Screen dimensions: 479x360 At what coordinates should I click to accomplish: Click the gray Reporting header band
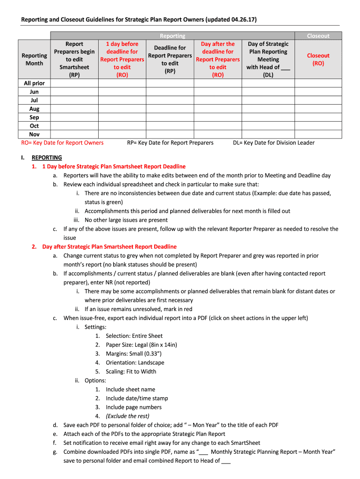173,36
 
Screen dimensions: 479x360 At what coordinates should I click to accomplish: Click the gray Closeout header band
318,36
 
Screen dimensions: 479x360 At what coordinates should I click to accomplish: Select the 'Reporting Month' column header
34,59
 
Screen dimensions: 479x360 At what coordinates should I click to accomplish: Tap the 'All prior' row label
34,83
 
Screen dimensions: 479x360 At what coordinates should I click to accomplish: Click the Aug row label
34,109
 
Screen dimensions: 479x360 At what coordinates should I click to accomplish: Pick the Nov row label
34,134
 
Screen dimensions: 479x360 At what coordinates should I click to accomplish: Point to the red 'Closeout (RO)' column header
318,59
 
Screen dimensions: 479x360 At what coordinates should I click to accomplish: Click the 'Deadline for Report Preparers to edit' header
170,59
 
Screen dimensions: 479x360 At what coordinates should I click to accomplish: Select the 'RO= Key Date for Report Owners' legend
63,143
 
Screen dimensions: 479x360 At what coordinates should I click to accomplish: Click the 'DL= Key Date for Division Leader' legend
274,143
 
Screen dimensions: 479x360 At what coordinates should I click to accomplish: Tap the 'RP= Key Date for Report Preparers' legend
170,143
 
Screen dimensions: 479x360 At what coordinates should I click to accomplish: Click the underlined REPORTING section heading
47,158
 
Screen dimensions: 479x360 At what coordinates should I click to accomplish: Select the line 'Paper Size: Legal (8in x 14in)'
141,345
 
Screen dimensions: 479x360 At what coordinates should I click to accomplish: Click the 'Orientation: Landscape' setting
135,363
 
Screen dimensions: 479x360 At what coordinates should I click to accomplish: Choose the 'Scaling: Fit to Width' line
131,371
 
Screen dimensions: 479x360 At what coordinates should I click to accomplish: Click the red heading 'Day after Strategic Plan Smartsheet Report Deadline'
109,247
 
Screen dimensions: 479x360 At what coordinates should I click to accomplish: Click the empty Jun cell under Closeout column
318,92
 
